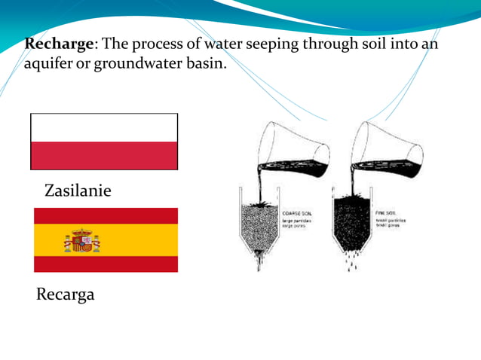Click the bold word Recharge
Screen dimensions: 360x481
[x=57, y=44]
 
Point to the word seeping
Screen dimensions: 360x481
[x=268, y=44]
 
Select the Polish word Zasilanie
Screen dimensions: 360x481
[x=78, y=191]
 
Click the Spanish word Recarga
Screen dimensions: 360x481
[x=66, y=294]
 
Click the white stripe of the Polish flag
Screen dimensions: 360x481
[x=104, y=127]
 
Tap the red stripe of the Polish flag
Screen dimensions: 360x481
[x=104, y=156]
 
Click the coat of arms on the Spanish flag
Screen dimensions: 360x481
[x=81, y=241]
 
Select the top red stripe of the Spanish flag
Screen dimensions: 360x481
[x=106, y=215]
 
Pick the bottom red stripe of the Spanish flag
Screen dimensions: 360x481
[x=106, y=264]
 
